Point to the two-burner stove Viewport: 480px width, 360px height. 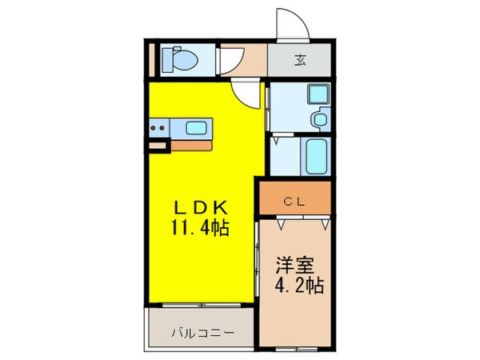(x=159, y=125)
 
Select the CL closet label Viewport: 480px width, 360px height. (x=294, y=200)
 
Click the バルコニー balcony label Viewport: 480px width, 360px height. (x=200, y=331)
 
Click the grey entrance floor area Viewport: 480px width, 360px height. (x=298, y=60)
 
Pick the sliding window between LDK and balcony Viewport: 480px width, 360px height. (x=202, y=305)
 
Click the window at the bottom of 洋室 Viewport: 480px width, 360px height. (x=294, y=349)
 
